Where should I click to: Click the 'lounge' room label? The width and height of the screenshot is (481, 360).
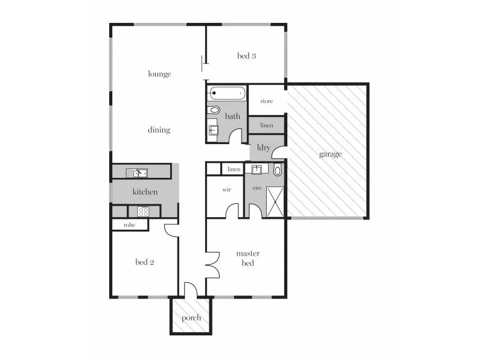[159, 74]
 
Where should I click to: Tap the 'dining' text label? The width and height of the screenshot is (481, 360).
[159, 130]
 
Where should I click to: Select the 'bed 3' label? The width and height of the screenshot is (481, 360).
[246, 56]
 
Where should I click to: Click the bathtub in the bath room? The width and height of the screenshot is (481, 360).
[227, 93]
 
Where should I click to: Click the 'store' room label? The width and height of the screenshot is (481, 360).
[267, 101]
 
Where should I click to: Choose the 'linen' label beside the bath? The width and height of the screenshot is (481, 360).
[266, 125]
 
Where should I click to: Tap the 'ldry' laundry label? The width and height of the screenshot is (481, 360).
[263, 147]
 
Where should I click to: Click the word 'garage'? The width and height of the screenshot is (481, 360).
[330, 154]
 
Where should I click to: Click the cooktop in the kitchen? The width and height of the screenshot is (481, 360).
[144, 211]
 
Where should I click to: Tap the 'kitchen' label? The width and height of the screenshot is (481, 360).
[145, 192]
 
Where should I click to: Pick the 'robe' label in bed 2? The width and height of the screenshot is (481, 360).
[129, 225]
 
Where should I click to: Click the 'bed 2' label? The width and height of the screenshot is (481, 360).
[145, 262]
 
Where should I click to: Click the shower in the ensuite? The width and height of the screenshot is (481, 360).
[275, 202]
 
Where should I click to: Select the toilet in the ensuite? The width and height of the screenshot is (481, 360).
[277, 171]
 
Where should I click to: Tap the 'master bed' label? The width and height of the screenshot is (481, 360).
[247, 258]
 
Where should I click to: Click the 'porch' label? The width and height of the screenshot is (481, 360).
[191, 318]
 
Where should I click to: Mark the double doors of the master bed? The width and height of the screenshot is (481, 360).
[212, 264]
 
